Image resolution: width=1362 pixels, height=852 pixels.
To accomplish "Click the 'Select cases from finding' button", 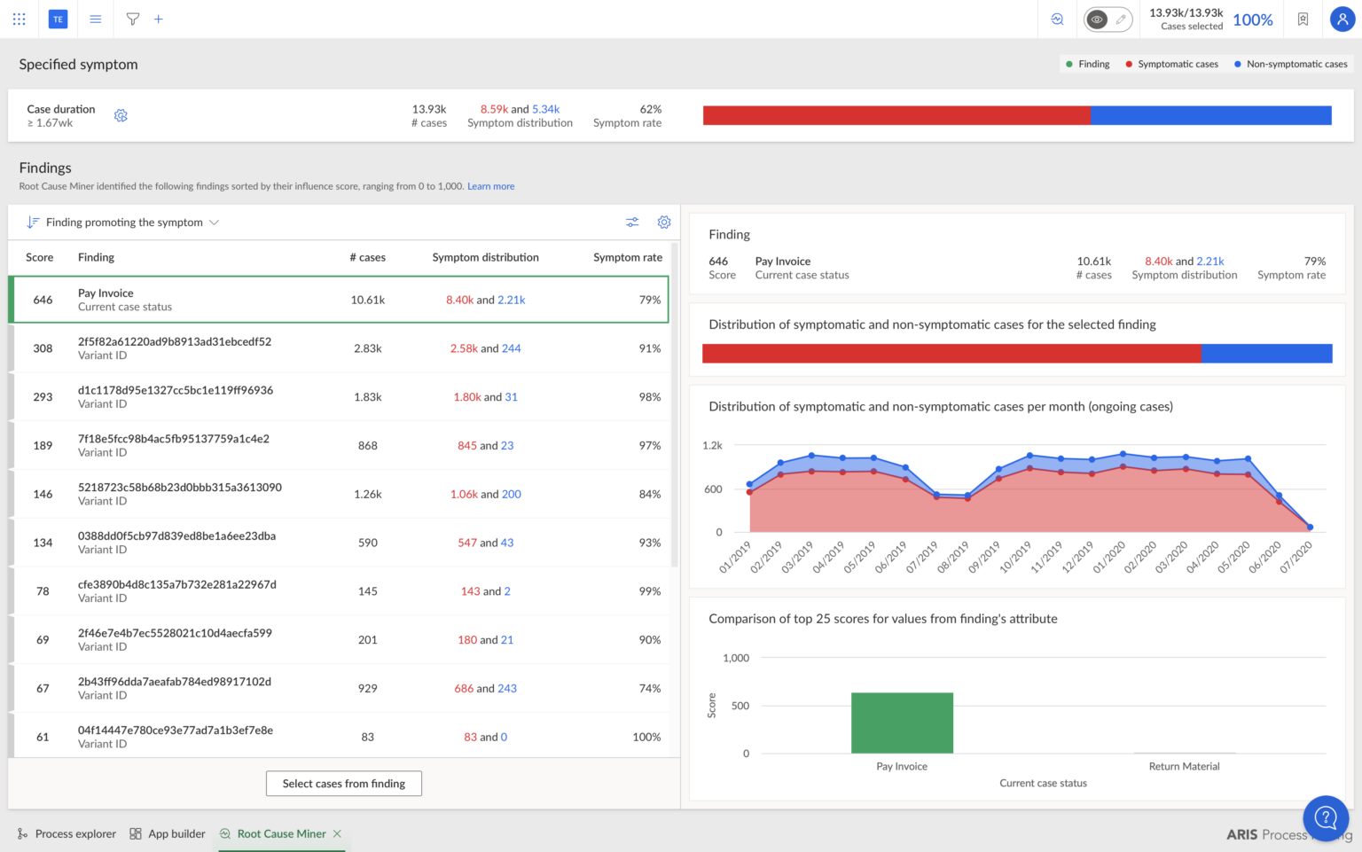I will point(343,784).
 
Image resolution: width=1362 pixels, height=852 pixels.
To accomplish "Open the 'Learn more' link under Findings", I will point(490,186).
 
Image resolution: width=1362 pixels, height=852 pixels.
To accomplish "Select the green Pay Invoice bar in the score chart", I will point(902,723).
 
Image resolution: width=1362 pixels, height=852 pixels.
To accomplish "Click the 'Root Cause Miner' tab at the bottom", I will point(281,833).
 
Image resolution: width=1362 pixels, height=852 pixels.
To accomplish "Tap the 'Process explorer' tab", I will point(75,833).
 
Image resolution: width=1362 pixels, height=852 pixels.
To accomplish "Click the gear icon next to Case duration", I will point(121,116).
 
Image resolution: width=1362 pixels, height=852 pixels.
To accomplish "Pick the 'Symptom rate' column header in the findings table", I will point(627,257).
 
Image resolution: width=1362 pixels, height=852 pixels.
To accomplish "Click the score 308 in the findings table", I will point(43,348).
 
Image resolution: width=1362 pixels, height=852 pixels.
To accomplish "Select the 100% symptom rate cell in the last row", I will point(646,737).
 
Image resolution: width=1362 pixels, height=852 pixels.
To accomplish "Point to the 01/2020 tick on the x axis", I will point(1109,558).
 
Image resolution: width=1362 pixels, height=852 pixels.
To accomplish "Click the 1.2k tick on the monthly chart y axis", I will point(712,445).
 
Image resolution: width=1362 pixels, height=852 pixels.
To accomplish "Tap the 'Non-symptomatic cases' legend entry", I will point(1295,64).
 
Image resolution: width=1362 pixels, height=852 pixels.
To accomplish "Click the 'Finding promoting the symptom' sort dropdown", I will point(124,223).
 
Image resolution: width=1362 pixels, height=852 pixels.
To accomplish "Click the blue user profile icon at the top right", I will point(1342,19).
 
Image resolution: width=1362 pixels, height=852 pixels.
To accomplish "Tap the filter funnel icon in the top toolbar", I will point(132,19).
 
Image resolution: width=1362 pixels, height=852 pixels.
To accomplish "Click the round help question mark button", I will point(1325,817).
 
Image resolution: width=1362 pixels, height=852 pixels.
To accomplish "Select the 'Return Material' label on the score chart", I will point(1184,766).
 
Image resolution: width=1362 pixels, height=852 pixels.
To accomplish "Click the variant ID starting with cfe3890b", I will point(176,584).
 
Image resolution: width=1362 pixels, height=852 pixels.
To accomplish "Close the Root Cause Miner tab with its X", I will point(338,833).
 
